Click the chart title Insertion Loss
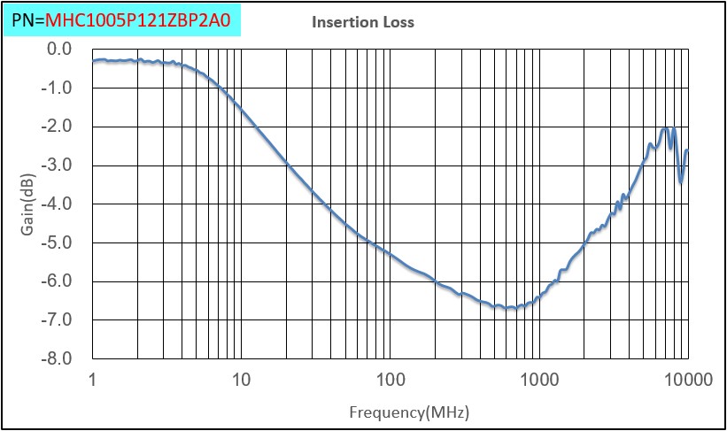click(x=362, y=22)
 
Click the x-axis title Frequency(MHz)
click(x=409, y=412)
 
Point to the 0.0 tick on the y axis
click(x=60, y=49)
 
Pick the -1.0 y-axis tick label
click(x=58, y=88)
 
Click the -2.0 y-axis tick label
click(x=58, y=127)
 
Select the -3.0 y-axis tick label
click(x=58, y=165)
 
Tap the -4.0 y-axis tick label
click(x=58, y=204)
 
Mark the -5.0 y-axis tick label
click(x=58, y=242)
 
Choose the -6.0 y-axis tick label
click(x=58, y=281)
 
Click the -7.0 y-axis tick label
click(x=58, y=319)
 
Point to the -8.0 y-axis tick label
click(x=58, y=358)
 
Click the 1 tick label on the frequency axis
click(x=93, y=380)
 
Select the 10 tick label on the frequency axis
click(x=241, y=380)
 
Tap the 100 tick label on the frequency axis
click(x=390, y=380)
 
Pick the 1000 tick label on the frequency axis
click(x=538, y=380)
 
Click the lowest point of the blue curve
click(x=511, y=308)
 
